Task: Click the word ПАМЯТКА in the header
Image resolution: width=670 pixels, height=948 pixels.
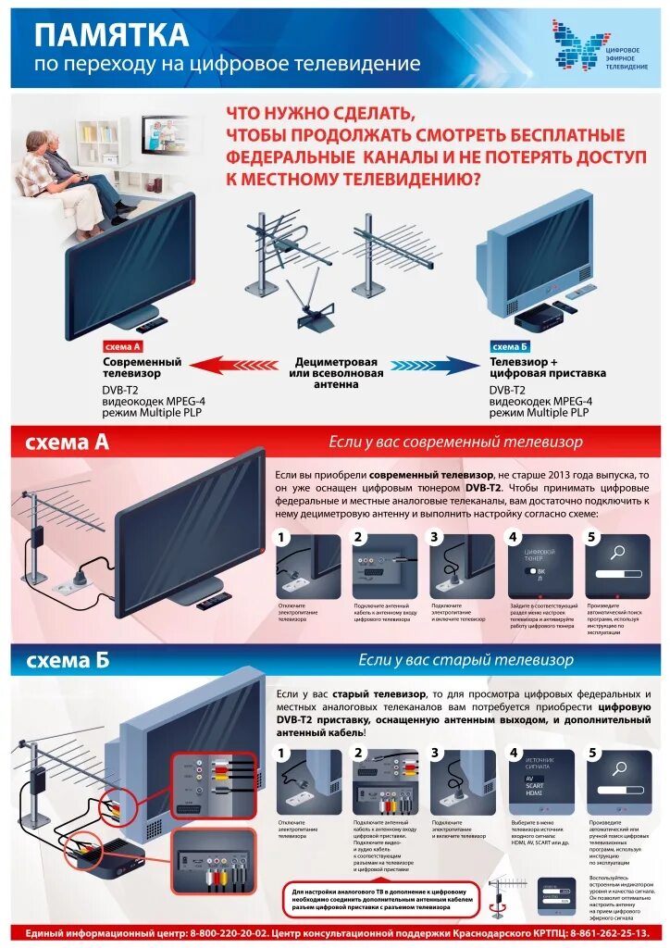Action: pos(111,35)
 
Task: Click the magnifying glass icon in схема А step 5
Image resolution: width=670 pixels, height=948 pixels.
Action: pos(617,554)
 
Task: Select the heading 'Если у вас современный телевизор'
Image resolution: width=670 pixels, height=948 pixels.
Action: pos(456,442)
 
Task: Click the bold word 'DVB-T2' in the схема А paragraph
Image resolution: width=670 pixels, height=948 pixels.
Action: pos(483,487)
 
